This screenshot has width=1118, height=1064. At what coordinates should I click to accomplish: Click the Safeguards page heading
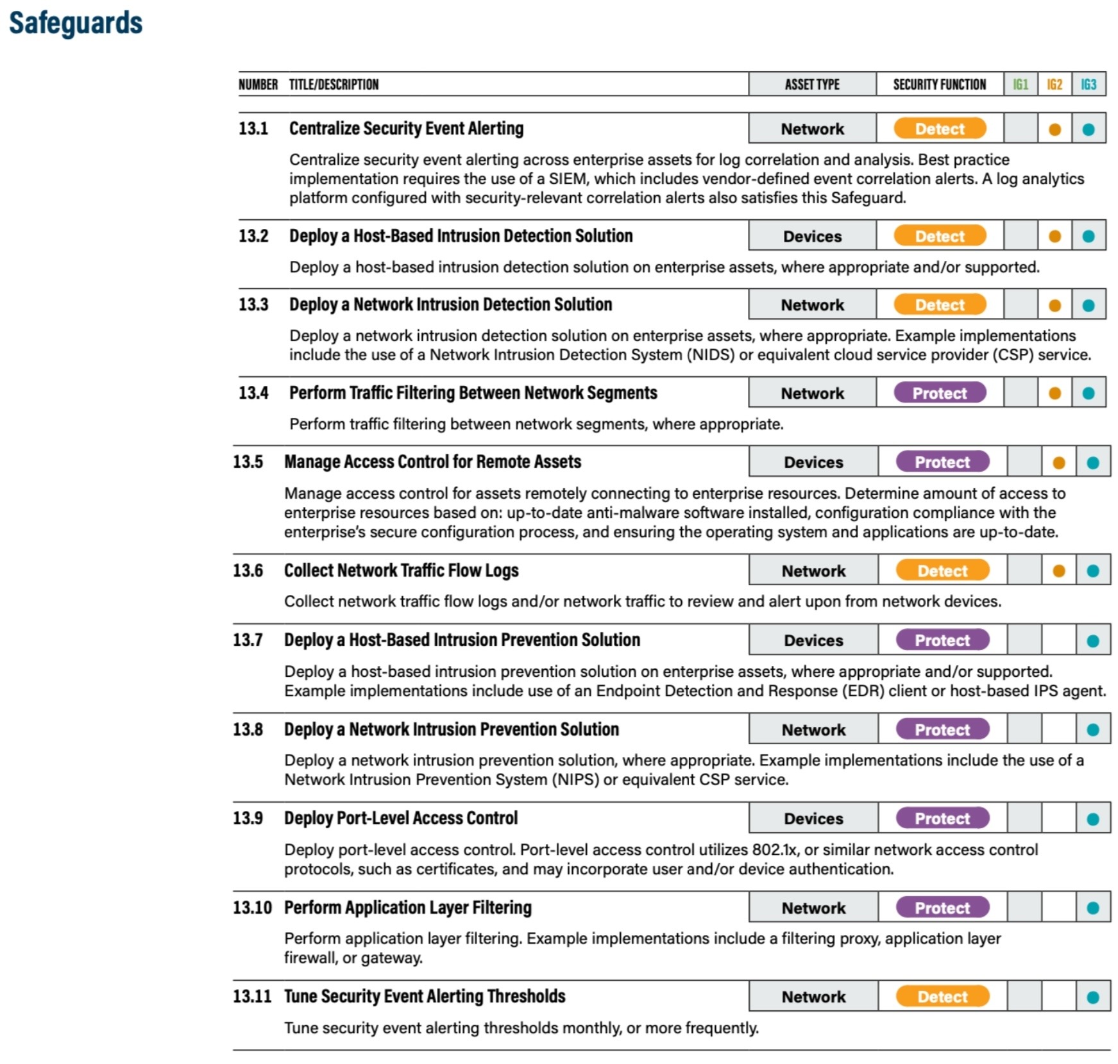click(76, 23)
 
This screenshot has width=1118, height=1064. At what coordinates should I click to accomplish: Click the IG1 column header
click(1020, 85)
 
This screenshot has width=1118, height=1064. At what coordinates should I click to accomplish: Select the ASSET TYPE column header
click(812, 85)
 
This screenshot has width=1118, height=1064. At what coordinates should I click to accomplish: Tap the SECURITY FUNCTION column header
click(940, 85)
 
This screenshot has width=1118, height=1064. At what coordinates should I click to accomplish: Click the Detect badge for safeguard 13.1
click(940, 129)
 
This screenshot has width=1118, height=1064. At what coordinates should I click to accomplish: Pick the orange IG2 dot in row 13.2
click(1054, 237)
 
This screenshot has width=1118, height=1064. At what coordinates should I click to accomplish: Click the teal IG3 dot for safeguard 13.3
click(1088, 306)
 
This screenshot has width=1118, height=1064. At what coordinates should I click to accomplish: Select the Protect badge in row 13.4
click(940, 394)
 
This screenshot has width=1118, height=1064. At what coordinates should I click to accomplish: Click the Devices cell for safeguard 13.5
click(813, 463)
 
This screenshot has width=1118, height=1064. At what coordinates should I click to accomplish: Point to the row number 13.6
click(248, 570)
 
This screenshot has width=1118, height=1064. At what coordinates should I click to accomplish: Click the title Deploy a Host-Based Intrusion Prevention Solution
click(462, 640)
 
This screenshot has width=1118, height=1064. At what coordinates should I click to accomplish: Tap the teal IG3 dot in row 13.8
click(1093, 730)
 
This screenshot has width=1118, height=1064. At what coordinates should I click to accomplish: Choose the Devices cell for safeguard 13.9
click(813, 819)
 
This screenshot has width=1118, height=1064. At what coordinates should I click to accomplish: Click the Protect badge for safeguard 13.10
click(942, 908)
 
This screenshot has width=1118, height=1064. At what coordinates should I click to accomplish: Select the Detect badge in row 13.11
click(942, 997)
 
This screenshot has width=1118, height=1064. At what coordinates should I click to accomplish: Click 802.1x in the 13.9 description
click(775, 850)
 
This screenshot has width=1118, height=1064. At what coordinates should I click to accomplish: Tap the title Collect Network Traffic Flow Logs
click(401, 570)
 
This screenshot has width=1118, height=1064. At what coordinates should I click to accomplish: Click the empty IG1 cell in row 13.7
click(1024, 641)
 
